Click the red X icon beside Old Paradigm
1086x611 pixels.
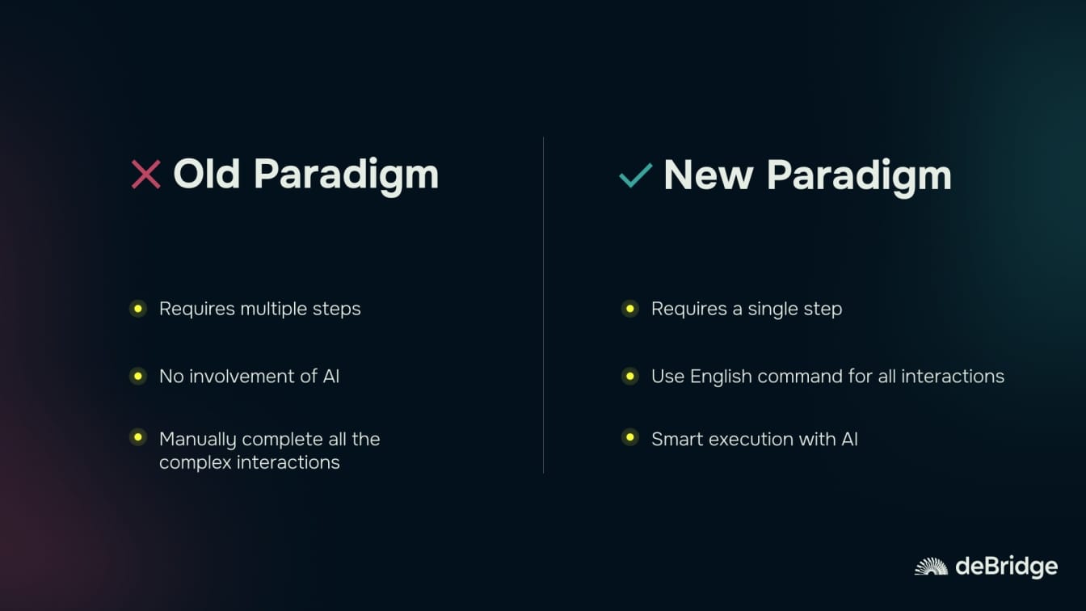(x=146, y=175)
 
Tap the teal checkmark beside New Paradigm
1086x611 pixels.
(x=636, y=175)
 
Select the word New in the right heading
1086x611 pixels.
(x=709, y=175)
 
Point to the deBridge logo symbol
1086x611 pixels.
(x=931, y=567)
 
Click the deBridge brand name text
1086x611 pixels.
(x=1007, y=567)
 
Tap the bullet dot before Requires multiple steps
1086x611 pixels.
(x=138, y=309)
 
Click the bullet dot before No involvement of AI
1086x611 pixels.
(x=138, y=376)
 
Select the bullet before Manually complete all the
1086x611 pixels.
(x=138, y=437)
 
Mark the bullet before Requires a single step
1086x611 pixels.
(x=629, y=309)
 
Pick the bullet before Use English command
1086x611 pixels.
(x=629, y=376)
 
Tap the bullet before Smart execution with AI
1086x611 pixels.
(x=629, y=437)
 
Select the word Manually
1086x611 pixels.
(x=197, y=440)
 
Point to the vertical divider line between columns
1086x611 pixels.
(x=544, y=305)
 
